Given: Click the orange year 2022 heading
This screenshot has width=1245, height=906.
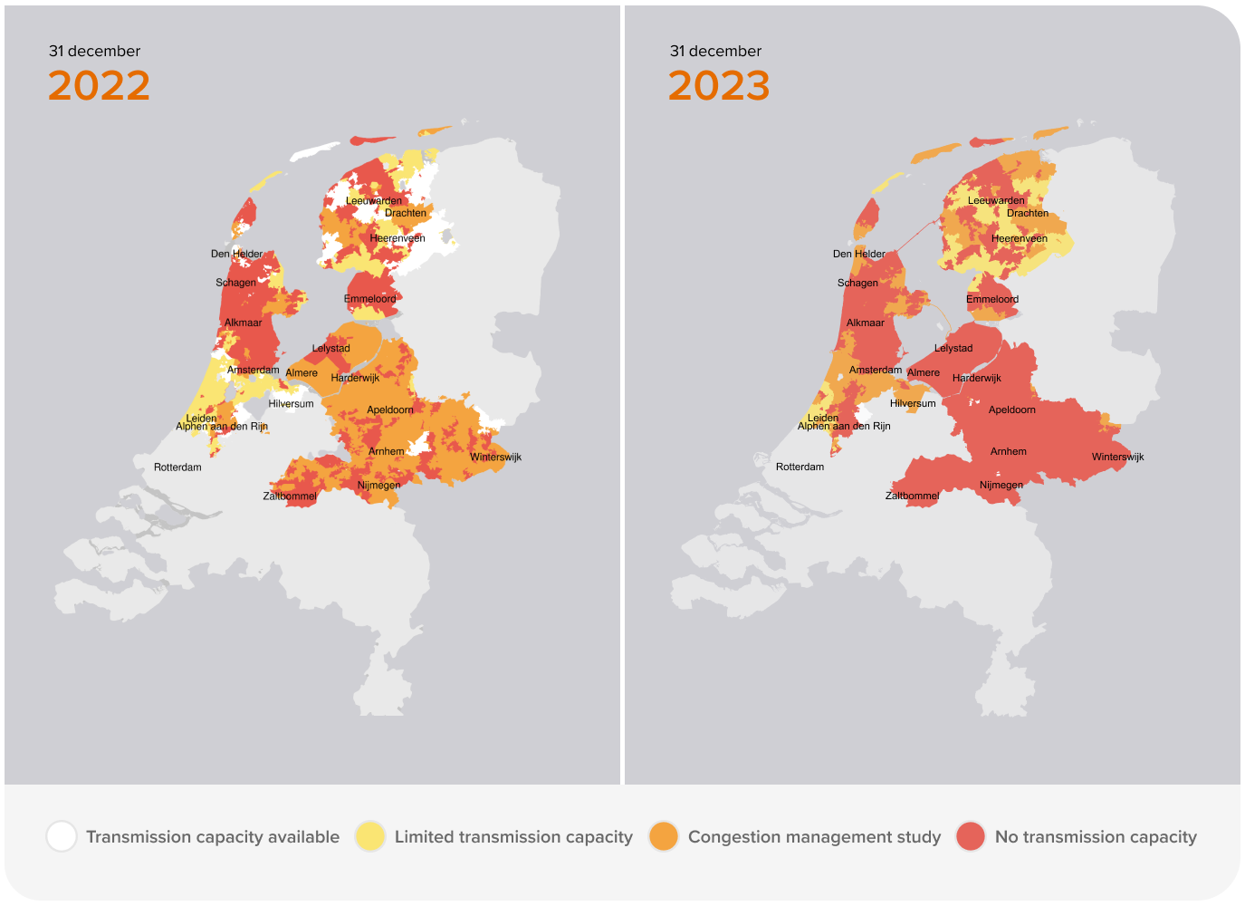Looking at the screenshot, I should pos(99,86).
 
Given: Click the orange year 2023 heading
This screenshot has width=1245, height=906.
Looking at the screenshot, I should pos(719,86).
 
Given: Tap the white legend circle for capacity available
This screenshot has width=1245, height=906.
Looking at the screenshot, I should pos(62,836).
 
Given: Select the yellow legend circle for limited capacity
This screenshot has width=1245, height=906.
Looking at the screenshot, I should pos(370,836).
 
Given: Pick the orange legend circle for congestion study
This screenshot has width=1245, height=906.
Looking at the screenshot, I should pos(664,836).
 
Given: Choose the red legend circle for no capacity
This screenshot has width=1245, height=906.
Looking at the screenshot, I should pos(971,836).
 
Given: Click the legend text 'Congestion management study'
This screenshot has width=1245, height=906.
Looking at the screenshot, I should pos(814,837).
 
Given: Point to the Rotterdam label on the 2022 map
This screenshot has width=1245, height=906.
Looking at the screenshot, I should pos(177,467).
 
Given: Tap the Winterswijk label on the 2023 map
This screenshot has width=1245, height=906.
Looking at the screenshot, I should pos(1117,457).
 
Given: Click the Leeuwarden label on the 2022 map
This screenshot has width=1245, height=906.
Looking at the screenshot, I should pos(374,201).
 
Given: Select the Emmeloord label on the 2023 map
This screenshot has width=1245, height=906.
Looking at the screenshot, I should pos(992,299).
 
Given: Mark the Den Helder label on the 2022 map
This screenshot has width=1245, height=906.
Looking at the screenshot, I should pos(236,254).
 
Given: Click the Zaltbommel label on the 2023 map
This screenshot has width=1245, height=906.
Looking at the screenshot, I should pos(912,496).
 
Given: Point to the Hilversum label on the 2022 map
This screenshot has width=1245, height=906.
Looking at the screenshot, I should pos(291,404).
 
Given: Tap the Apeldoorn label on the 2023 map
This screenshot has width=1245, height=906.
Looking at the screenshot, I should pos(1011,410).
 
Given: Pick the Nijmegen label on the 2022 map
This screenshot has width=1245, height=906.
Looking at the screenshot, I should pos(378,486).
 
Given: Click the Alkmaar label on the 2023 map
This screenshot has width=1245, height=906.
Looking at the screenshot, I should pos(865,323).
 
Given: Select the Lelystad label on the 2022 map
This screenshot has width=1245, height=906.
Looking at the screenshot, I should pos(330,348).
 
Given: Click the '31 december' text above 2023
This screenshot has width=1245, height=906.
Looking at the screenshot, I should pos(715,52).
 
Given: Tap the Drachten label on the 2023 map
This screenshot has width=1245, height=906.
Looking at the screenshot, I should pos(1028,214).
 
